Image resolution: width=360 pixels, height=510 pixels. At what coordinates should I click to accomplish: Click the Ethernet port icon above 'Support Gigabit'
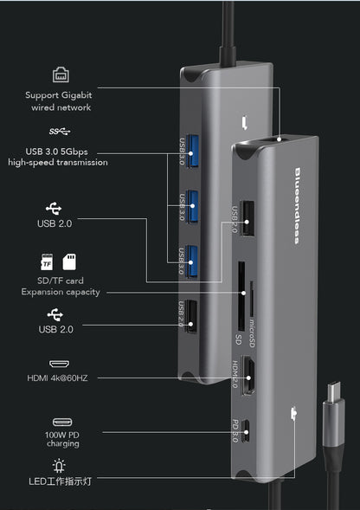point(60,74)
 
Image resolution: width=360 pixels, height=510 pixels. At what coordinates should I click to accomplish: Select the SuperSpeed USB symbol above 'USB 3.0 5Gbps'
point(60,132)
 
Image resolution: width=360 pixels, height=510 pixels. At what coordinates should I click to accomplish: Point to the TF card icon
point(48,261)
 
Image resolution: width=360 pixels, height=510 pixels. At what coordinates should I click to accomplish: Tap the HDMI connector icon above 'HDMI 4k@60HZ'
point(60,366)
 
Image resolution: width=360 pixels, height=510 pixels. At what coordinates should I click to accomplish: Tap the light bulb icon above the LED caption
point(60,466)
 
